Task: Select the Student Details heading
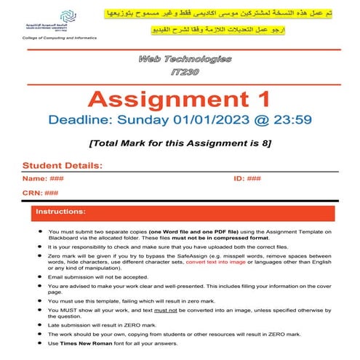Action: (63, 165)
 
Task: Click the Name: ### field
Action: (47, 178)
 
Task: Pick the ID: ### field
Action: (247, 178)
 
